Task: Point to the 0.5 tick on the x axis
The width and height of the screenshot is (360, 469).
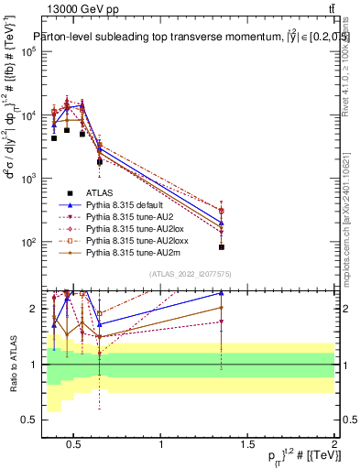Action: click(73, 444)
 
